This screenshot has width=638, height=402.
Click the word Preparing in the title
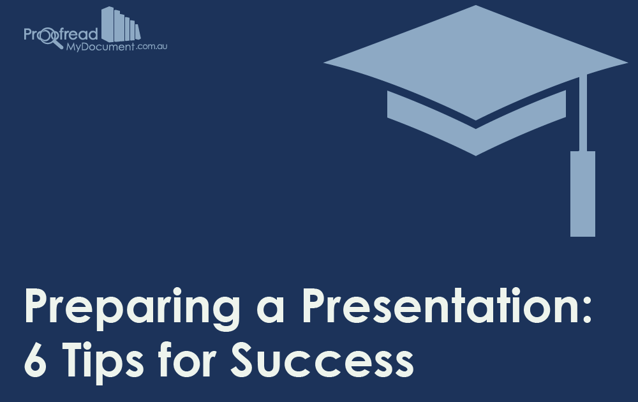pyautogui.click(x=121, y=308)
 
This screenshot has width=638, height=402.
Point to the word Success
pyautogui.click(x=322, y=360)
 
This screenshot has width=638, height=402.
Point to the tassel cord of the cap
pyautogui.click(x=582, y=112)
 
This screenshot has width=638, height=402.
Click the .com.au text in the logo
pyautogui.click(x=151, y=47)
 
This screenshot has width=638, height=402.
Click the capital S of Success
pyautogui.click(x=244, y=360)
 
